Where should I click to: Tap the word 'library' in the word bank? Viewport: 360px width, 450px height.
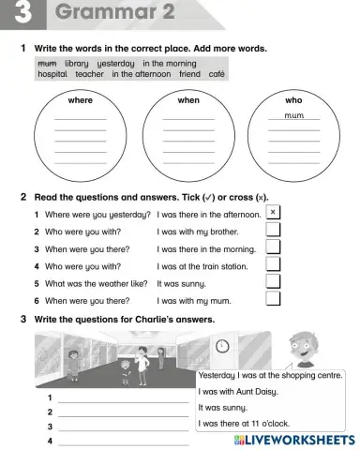click(x=77, y=63)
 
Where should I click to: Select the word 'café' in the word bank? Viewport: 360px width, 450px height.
click(x=217, y=74)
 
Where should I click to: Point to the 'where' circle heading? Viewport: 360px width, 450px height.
click(x=81, y=98)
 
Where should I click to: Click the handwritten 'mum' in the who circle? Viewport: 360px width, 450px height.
click(x=294, y=116)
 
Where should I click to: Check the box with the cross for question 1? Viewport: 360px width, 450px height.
click(x=273, y=213)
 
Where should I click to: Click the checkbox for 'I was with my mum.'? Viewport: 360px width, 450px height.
click(x=273, y=299)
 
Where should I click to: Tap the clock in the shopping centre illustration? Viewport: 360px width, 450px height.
click(x=221, y=346)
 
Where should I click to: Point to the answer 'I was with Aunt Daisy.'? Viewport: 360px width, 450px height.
click(x=235, y=392)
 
